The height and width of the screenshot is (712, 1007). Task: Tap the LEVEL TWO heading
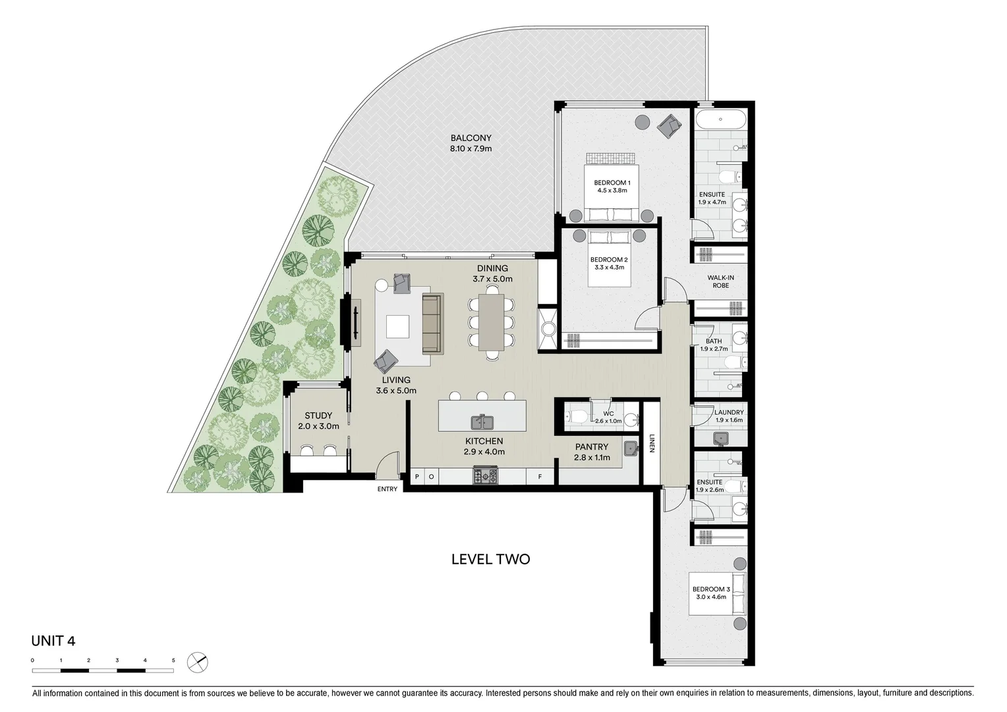coord(490,559)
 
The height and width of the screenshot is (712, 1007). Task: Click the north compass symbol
coord(196,661)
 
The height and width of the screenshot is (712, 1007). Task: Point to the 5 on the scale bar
coord(173,660)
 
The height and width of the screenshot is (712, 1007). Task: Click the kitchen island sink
coord(482,421)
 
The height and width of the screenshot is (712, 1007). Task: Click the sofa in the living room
coord(431,324)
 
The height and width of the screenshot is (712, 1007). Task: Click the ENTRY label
coord(388,489)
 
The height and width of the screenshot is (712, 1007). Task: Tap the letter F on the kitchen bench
coord(540,476)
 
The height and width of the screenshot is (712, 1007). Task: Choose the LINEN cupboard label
coord(651,443)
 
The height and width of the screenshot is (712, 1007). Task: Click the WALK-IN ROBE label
coord(720,282)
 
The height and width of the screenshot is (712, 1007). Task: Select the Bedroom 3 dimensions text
coord(710,597)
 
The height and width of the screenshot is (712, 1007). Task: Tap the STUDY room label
coord(318,416)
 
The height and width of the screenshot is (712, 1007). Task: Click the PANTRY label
coord(591,446)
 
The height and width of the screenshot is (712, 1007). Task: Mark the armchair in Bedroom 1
coord(668,125)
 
